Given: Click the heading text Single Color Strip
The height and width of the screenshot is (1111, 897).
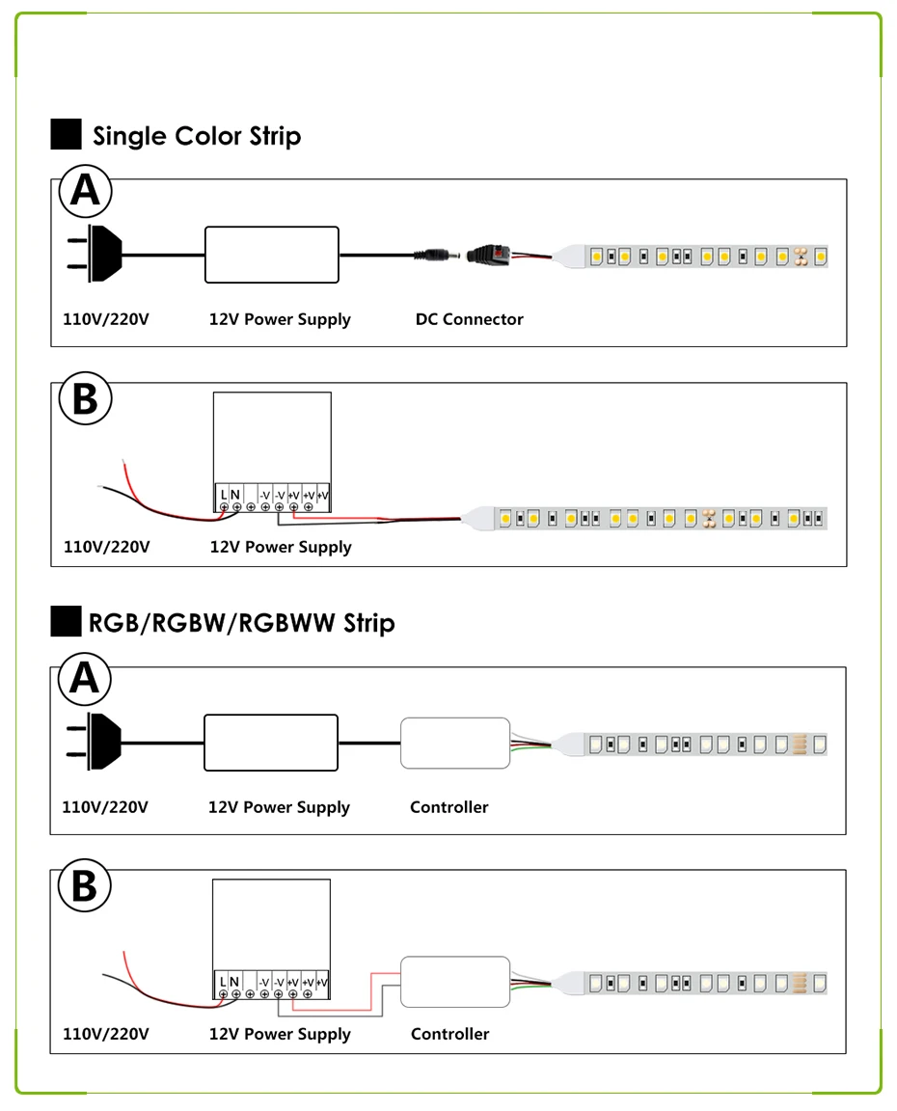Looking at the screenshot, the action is coord(197,136).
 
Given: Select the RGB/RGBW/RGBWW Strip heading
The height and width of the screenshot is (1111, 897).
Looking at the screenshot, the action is coord(241,623).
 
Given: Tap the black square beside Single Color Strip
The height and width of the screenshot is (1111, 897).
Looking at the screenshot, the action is coord(66,134).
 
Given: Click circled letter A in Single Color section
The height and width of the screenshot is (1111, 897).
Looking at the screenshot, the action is coord(85,191).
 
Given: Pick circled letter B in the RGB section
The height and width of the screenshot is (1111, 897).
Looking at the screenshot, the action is coord(84,885).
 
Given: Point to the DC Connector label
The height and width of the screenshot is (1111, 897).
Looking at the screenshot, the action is coord(469,319).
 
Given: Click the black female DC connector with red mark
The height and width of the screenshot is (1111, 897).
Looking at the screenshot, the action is coord(490,255).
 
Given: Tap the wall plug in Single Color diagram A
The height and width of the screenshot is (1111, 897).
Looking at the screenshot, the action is coord(95,254).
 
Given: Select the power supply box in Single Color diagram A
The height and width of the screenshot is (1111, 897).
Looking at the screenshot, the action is coord(272,255).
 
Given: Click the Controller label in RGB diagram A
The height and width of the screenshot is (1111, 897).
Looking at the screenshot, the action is coord(449,807).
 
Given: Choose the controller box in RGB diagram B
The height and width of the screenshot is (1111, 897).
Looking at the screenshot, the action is coord(455,982).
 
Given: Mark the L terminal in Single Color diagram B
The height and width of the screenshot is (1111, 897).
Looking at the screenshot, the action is coord(224,495).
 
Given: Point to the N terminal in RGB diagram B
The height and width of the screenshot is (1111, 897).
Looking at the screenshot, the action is coord(234,982).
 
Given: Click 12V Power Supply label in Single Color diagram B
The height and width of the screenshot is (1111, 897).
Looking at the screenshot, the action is coord(281,547).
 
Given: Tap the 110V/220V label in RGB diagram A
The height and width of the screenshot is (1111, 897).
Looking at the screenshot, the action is coord(105,807).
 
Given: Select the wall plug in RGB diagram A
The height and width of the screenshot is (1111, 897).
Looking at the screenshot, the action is coord(95,741).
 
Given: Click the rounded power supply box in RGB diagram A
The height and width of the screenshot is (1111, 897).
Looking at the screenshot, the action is coord(271,743).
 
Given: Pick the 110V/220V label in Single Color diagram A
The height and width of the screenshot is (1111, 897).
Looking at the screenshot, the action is coord(105,319).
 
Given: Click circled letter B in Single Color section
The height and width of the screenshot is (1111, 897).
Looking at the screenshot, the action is coord(85,398).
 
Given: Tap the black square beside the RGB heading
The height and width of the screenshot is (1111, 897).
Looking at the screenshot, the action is coord(66,621).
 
